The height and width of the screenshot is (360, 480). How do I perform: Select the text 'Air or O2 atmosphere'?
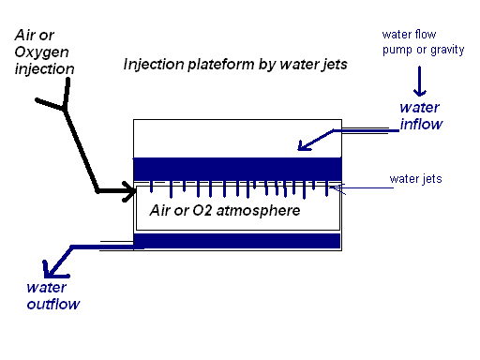224,211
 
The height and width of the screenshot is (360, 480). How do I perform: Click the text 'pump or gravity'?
422,50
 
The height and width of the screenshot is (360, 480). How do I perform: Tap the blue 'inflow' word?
421,124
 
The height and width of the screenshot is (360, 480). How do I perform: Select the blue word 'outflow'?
52,304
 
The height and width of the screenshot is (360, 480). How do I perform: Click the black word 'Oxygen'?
41,52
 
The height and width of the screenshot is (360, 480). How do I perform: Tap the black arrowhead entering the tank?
129,192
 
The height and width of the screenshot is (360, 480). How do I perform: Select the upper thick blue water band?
236,168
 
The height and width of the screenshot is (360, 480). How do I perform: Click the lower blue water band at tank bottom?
236,241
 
